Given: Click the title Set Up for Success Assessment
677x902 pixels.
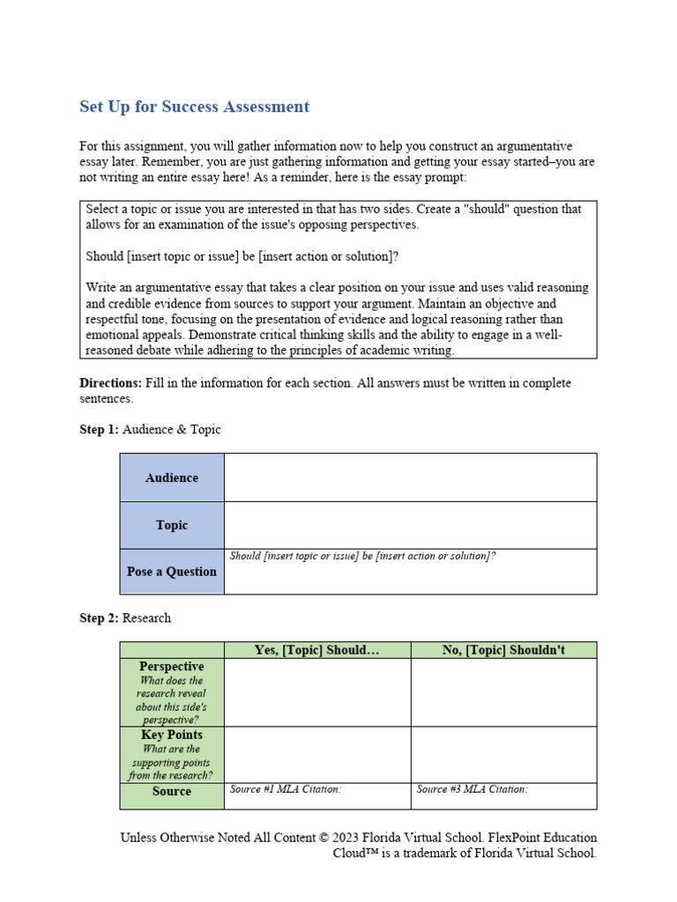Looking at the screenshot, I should point(194,107).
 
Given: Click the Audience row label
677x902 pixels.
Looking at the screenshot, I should point(172,477).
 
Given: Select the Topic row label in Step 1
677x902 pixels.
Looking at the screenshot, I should point(172,525).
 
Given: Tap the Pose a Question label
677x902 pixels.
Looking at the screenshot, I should point(172,572).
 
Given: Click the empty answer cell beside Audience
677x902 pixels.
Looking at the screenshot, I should point(410,477).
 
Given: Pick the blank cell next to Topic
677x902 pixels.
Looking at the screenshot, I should point(410,525).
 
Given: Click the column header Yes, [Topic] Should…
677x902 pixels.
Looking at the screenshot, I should point(316,650).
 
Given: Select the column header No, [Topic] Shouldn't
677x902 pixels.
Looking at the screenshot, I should point(503,650).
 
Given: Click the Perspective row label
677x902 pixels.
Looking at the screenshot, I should point(172,667).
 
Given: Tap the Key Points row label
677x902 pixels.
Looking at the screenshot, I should point(172,735).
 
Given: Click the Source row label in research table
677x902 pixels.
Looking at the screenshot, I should point(172,791).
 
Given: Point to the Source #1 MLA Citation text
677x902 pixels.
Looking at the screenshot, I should point(285,789).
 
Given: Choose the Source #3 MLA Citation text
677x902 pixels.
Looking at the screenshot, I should point(472,789).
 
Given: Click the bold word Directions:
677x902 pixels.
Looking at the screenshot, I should point(110,383).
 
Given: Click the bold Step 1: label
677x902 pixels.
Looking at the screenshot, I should point(99,430).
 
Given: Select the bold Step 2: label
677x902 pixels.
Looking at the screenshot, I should point(99,618).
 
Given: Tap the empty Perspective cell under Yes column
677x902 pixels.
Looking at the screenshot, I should point(317,692).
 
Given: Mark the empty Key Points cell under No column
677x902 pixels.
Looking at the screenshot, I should point(503,755).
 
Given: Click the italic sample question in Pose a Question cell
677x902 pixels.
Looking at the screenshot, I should point(362,557).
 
